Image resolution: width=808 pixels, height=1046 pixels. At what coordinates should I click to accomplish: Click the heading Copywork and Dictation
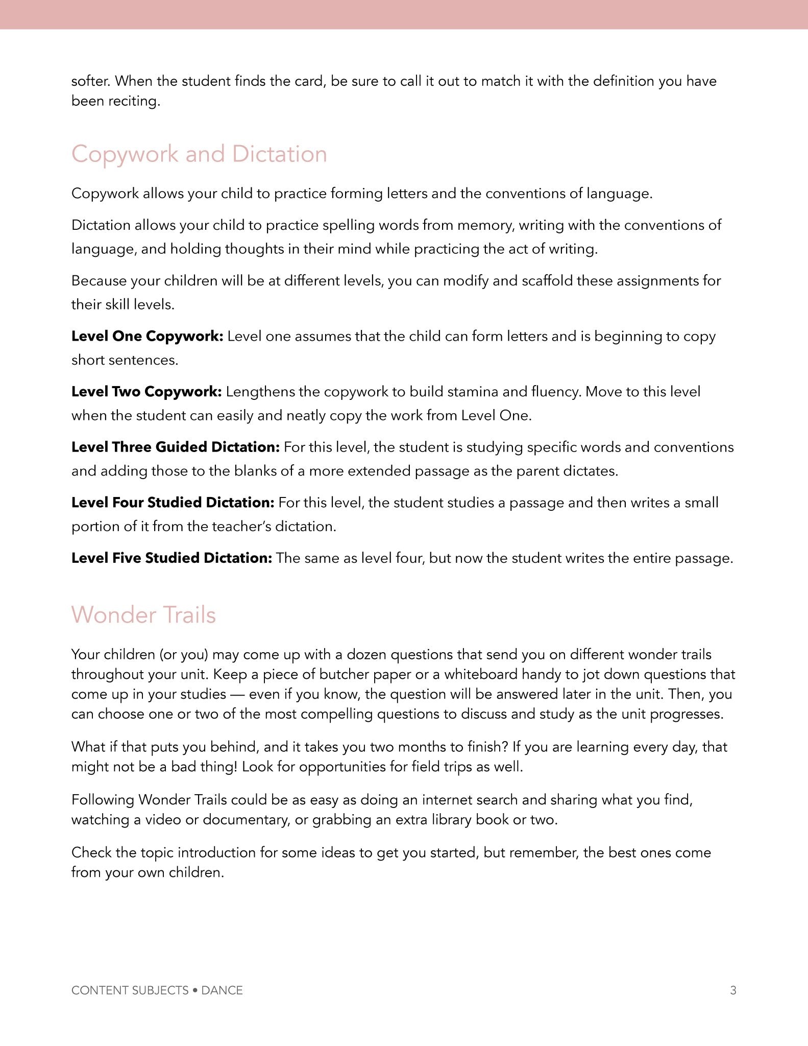(x=199, y=154)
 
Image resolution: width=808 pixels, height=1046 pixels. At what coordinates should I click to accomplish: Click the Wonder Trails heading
(x=143, y=615)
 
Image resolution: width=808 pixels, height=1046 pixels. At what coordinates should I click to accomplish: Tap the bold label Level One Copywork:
(x=147, y=337)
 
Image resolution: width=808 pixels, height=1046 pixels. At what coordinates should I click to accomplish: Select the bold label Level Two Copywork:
(x=146, y=392)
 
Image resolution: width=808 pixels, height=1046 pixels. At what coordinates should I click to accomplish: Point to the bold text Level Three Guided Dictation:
(x=175, y=447)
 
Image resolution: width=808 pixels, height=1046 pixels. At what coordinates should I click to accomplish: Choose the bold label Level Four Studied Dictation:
(x=173, y=503)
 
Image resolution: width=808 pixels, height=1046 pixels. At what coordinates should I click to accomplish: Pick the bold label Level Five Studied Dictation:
(x=172, y=558)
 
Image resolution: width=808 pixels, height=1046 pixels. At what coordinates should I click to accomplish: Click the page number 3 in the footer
(x=733, y=990)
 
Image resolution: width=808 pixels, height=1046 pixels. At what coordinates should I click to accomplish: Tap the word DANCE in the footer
(x=222, y=990)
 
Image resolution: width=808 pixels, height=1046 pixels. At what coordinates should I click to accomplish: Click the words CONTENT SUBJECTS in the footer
(x=130, y=990)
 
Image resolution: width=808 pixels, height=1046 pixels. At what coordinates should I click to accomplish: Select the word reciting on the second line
(x=137, y=101)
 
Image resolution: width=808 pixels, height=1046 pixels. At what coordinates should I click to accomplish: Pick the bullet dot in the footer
(x=195, y=990)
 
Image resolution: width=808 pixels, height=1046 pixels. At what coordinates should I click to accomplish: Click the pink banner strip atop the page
(x=404, y=14)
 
